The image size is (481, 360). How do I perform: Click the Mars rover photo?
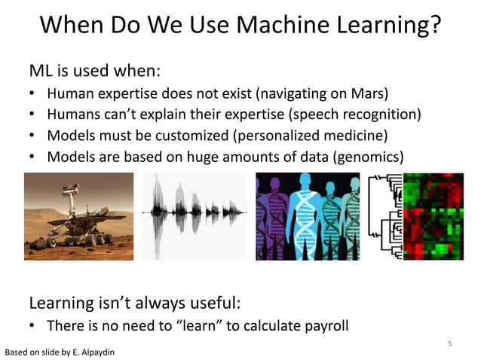click(x=78, y=216)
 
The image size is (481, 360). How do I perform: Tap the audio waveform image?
click(x=194, y=216)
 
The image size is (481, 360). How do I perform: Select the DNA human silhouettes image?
click(x=308, y=216)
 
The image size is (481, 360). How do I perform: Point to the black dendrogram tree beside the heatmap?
click(x=385, y=216)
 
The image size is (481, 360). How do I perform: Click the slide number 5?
click(x=449, y=344)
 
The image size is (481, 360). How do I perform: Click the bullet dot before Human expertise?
click(x=33, y=95)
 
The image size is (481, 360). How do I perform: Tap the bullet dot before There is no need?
click(x=33, y=326)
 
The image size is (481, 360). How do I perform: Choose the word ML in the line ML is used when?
click(x=40, y=72)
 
